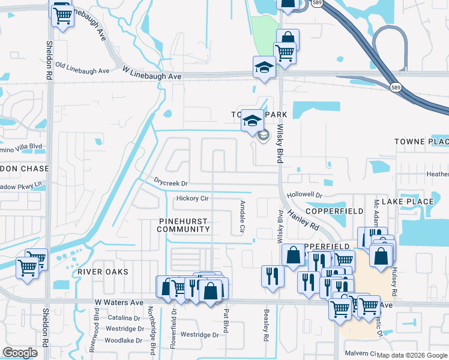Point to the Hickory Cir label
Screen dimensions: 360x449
click(192, 199)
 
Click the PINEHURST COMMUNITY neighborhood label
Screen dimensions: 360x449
click(184, 225)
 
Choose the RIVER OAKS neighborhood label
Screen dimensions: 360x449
click(103, 272)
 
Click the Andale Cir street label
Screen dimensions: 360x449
click(243, 217)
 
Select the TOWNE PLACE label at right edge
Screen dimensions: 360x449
click(421, 142)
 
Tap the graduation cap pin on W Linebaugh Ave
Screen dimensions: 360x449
click(264, 67)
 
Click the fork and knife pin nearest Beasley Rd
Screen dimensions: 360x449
click(273, 276)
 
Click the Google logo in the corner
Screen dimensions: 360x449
click(20, 353)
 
